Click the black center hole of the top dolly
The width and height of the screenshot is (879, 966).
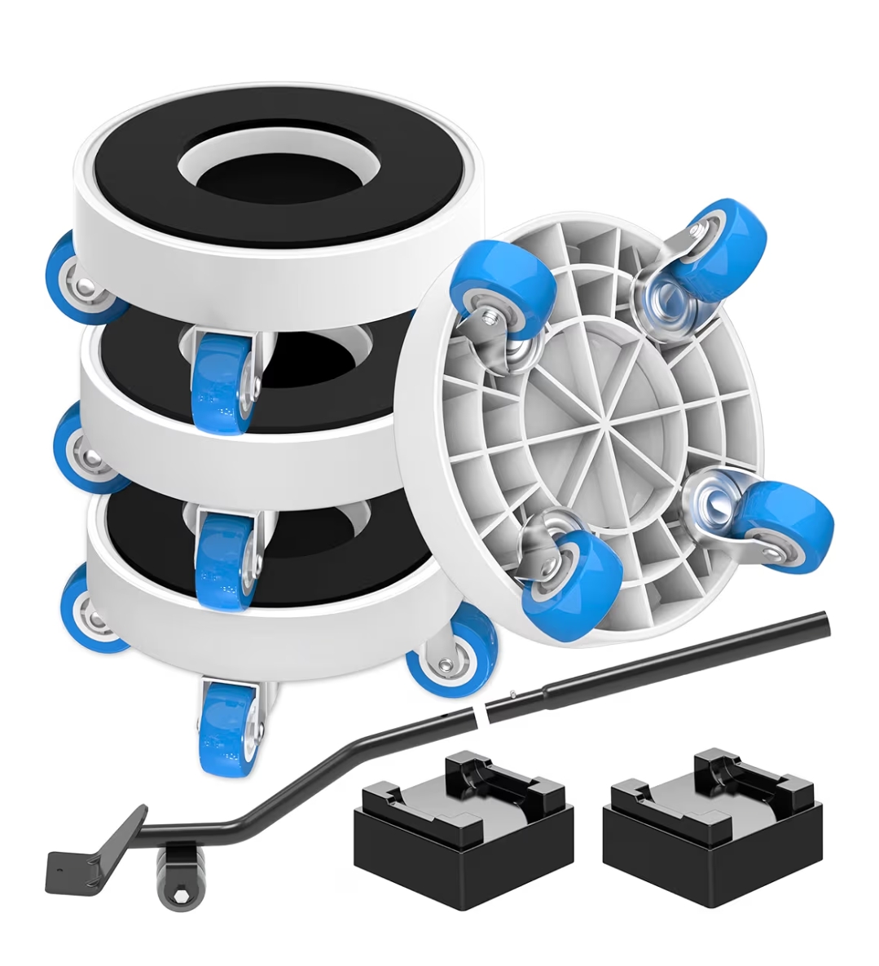[277, 173]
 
